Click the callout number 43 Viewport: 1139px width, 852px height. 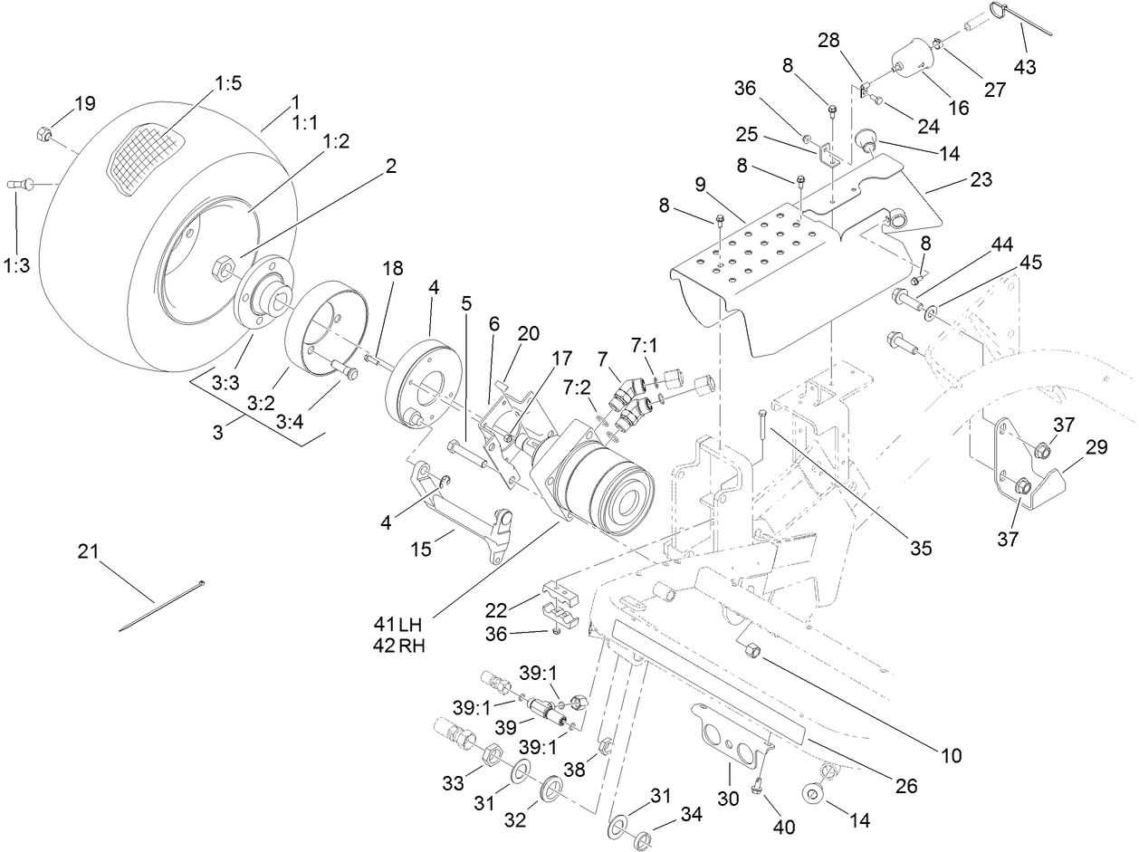1025,67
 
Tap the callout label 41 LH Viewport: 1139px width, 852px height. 398,625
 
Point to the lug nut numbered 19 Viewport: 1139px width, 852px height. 43,136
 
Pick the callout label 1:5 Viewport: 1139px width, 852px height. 227,83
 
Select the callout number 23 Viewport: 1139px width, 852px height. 980,179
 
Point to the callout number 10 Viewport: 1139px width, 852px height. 951,753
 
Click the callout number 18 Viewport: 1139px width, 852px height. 392,268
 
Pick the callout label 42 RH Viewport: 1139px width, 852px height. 398,646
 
